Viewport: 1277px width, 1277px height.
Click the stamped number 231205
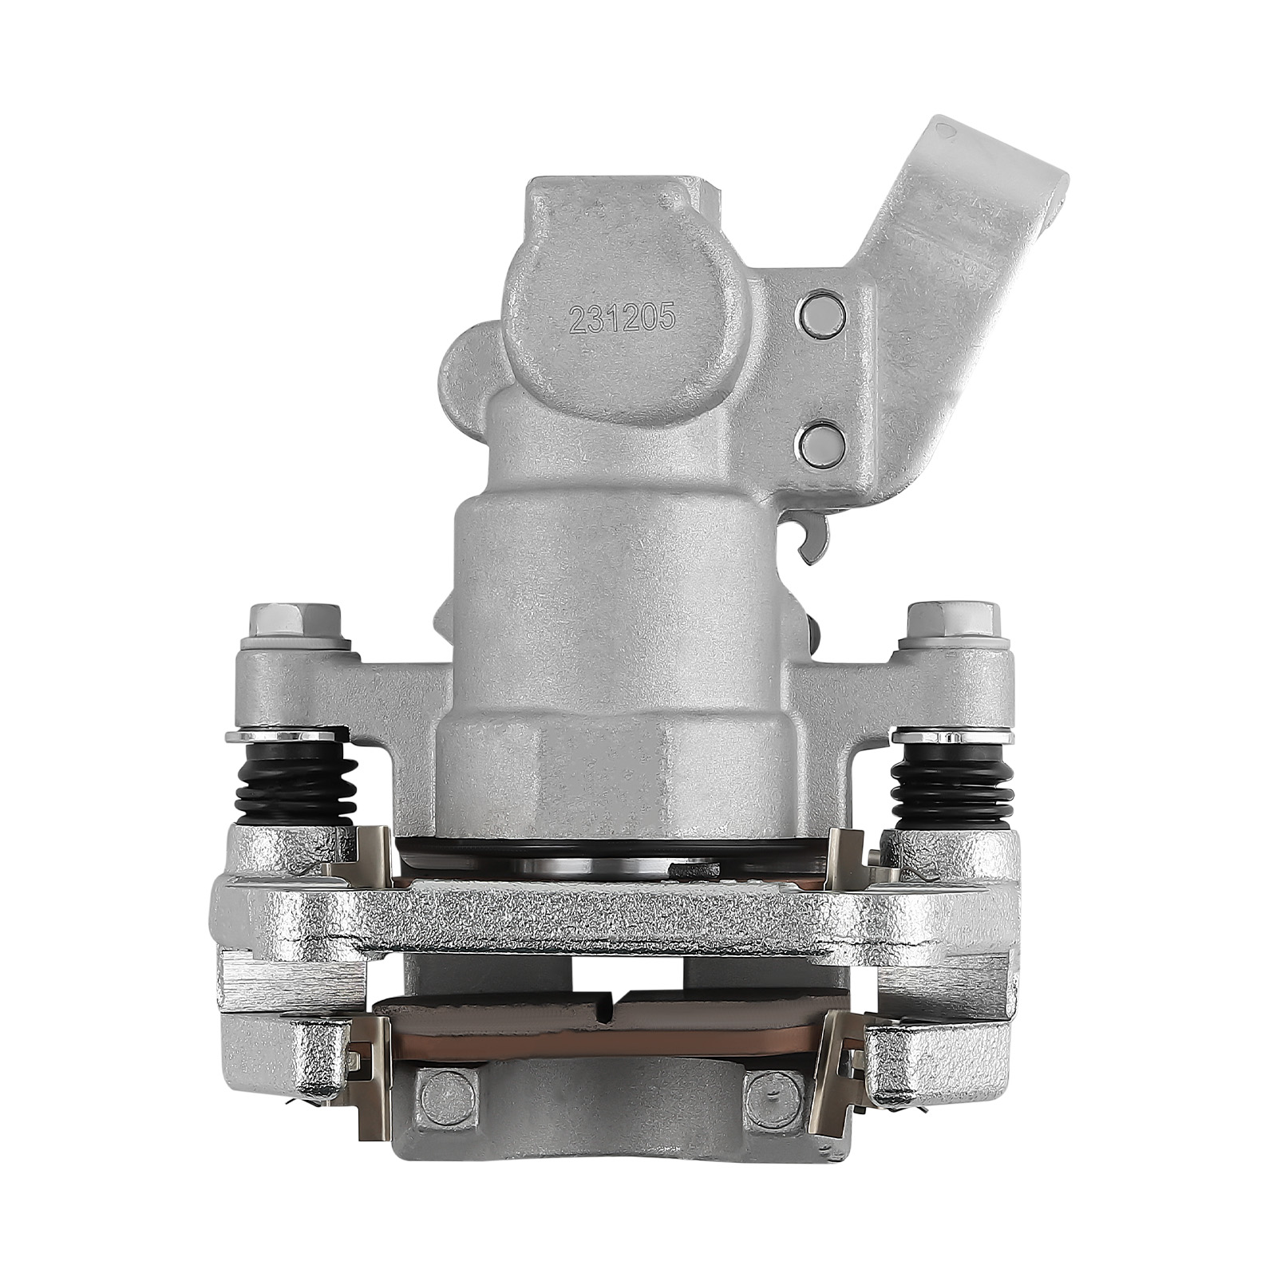click(x=622, y=319)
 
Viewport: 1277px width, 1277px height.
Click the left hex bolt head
click(x=295, y=619)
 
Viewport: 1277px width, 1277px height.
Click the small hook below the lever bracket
click(x=812, y=543)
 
